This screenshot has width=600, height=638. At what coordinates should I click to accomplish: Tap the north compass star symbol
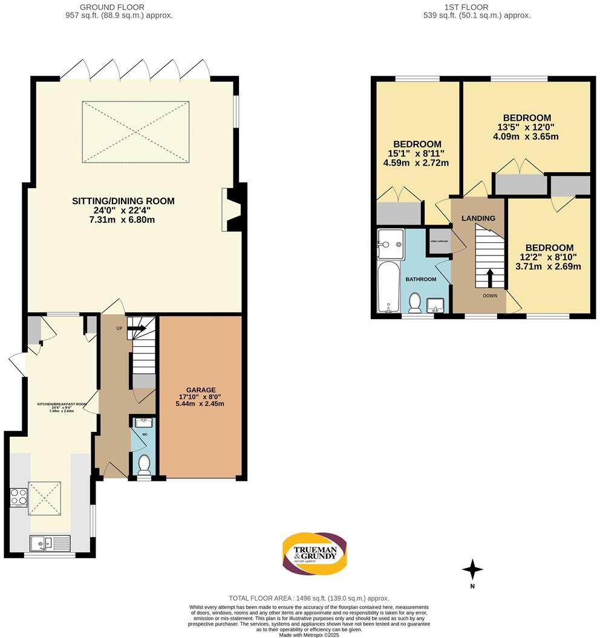(x=473, y=569)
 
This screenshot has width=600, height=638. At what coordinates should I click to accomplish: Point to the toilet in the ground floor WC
(x=144, y=465)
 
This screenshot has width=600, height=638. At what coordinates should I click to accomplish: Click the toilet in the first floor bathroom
(x=415, y=303)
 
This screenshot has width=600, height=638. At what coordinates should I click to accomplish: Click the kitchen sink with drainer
(x=51, y=543)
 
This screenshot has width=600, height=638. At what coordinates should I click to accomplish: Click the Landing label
(x=478, y=218)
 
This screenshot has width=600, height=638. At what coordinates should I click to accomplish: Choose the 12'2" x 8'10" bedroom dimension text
(x=549, y=262)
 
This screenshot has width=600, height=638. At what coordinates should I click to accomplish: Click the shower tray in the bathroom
(x=390, y=244)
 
